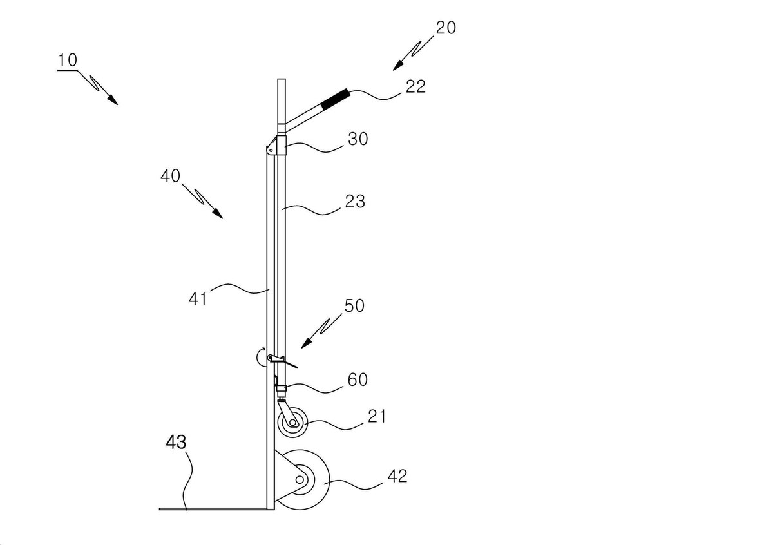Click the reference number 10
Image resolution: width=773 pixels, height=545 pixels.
(68, 61)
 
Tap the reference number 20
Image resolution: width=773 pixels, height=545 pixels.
(446, 28)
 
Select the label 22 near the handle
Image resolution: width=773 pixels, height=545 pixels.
(415, 86)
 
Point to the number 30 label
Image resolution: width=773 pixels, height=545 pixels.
(358, 139)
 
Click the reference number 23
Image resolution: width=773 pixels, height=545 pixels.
(355, 201)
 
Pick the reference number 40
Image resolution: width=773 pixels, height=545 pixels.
(170, 176)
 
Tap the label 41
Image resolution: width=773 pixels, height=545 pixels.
(198, 298)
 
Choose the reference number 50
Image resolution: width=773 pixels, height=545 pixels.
(354, 305)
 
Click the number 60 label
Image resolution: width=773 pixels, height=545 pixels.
(358, 379)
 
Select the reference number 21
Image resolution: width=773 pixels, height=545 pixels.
(377, 416)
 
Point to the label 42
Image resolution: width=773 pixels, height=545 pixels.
(397, 476)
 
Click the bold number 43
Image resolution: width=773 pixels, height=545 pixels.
(176, 442)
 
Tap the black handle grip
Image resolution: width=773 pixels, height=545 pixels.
(335, 99)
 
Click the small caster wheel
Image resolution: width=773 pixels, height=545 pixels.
(292, 422)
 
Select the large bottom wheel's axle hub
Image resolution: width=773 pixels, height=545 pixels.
(300, 479)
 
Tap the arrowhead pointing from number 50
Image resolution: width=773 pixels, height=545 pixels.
(307, 343)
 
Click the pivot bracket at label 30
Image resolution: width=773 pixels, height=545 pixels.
(276, 146)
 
